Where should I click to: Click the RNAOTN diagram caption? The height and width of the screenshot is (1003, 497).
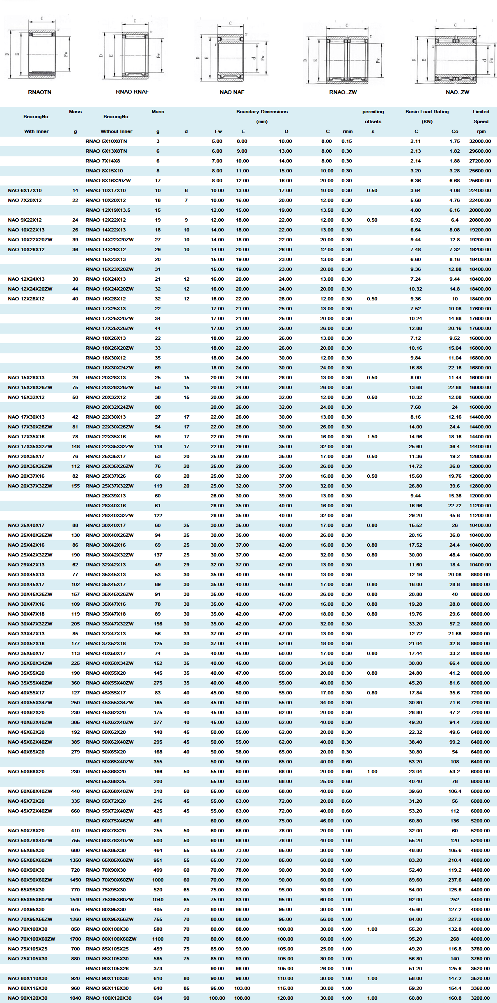pos(39,92)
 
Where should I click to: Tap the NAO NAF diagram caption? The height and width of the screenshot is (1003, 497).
pos(231,92)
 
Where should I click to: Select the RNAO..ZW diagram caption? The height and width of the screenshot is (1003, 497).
pos(343,92)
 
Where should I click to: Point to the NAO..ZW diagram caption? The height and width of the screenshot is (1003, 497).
pos(457,92)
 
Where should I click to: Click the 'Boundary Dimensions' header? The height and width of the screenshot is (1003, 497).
pos(262,112)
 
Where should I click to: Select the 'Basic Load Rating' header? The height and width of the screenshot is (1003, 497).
pos(427,112)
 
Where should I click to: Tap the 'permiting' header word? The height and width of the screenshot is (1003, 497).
pos(373,112)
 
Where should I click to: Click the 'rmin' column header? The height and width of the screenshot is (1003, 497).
pos(347,131)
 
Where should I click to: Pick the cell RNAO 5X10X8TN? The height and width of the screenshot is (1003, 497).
pos(106,141)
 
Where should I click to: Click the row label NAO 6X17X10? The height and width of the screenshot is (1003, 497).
pos(25,190)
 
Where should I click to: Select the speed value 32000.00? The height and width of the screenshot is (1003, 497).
pos(480,141)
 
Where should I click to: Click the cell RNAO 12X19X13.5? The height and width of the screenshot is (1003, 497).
pos(108,210)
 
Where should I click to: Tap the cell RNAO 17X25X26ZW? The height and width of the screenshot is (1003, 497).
pos(110,328)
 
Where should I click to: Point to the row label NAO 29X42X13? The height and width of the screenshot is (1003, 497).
pos(26,565)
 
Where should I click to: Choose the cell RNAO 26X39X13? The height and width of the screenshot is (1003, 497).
pos(106,496)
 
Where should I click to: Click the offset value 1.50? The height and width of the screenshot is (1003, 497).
pos(372,437)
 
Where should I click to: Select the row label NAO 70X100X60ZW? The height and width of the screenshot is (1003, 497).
pos(31,939)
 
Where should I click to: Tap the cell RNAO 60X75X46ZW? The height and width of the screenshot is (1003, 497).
pos(110,821)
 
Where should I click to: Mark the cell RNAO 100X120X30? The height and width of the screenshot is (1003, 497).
pos(108,998)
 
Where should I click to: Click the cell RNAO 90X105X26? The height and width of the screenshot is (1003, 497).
pos(107,969)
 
